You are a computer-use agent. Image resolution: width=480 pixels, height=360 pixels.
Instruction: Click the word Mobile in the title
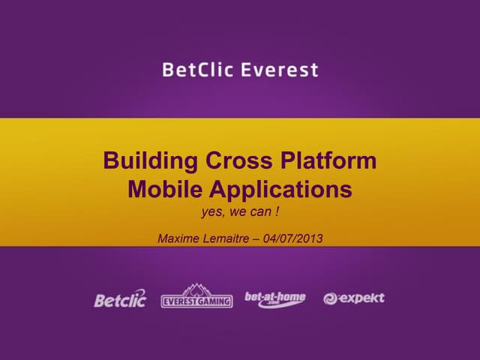tap(160, 190)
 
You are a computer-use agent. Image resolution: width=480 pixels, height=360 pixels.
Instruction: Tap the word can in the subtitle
tap(260, 212)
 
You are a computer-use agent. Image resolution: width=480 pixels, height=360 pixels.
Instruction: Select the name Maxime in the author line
tap(179, 239)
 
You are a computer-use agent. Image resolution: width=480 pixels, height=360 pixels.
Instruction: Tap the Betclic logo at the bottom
tap(120, 299)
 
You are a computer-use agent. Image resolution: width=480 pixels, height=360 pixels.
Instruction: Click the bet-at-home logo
tap(275, 298)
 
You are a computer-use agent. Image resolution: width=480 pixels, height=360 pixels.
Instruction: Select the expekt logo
tap(354, 298)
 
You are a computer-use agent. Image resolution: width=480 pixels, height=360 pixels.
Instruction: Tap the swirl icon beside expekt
tap(330, 299)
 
